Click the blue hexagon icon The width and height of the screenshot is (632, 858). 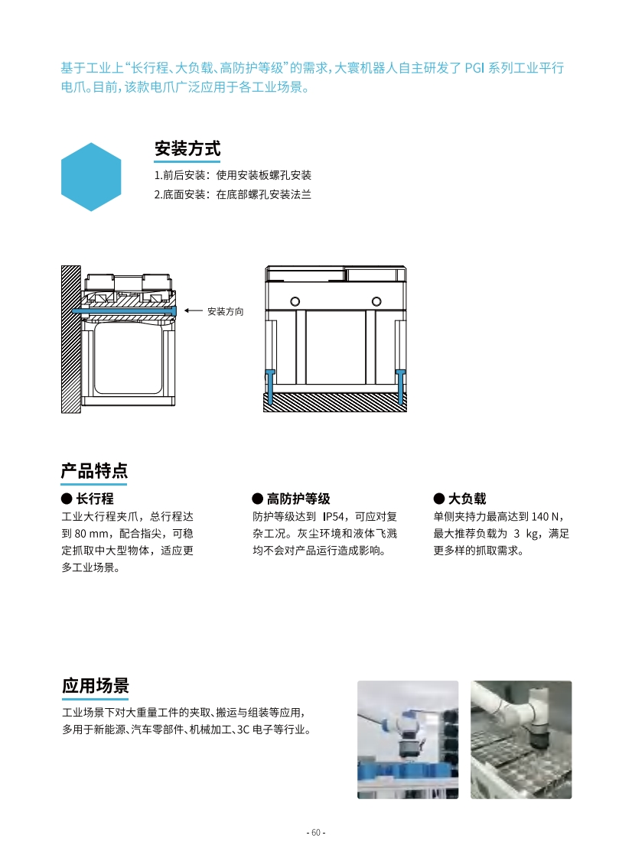[x=91, y=177]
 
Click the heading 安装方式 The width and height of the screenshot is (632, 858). [x=187, y=148]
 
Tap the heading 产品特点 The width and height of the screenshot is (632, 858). [x=94, y=470]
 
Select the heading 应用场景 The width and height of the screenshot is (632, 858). [x=96, y=686]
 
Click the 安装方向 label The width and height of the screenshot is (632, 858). [x=225, y=311]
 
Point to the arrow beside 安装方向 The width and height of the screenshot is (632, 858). [x=194, y=310]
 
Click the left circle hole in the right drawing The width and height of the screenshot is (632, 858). [x=295, y=301]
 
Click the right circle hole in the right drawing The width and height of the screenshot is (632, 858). [x=376, y=301]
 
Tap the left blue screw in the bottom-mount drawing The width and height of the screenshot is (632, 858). [x=270, y=386]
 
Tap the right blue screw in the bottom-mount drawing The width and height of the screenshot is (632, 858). [x=400, y=386]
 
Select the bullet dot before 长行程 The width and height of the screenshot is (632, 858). [x=67, y=499]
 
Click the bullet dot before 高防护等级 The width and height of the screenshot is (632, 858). [x=257, y=499]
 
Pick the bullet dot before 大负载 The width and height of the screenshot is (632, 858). [x=438, y=499]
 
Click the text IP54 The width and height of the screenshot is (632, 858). [x=334, y=516]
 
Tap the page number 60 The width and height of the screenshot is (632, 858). [x=316, y=832]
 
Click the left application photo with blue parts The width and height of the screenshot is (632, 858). [x=408, y=739]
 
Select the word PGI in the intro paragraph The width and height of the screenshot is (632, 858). [x=474, y=68]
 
